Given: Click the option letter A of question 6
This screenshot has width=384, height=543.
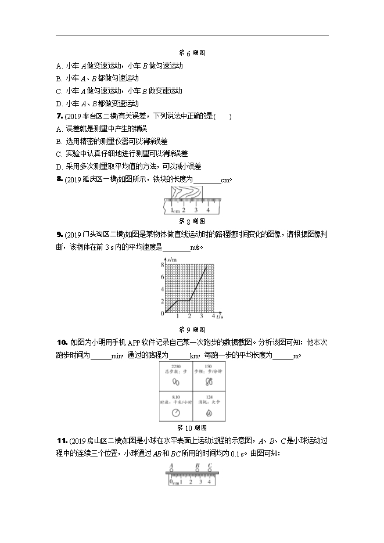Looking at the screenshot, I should point(59,66).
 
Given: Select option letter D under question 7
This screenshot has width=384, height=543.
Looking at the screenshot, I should point(59,166).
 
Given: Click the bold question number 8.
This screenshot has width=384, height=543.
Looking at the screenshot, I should point(59,179).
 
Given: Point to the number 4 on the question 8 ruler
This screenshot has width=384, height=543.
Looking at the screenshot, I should point(208,210).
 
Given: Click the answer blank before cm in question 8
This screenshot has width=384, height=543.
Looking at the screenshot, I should point(206,179).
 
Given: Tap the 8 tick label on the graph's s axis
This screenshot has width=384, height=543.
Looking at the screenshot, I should point(162,264).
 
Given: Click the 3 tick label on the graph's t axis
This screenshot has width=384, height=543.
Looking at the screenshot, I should point(202,317).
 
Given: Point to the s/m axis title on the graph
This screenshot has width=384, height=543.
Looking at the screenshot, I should point(168,258).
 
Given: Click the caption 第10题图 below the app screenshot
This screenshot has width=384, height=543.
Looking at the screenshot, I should point(192,428).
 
